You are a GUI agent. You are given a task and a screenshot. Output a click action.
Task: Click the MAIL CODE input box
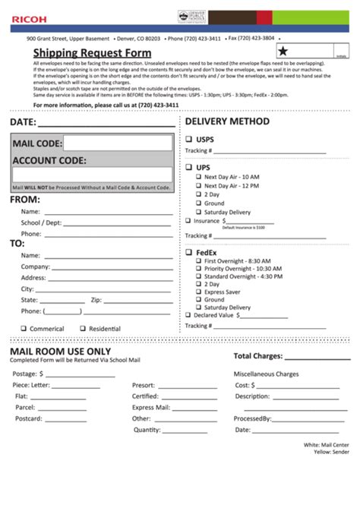[118, 143]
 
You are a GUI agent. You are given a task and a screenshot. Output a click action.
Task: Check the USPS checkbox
[188, 140]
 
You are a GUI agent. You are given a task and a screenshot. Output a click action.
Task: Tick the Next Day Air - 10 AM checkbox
[198, 177]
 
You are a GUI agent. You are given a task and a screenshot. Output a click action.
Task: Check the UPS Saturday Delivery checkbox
[198, 213]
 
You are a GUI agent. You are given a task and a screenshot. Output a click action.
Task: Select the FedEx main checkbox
[188, 252]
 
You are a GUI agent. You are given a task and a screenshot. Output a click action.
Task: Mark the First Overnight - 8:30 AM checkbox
[198, 261]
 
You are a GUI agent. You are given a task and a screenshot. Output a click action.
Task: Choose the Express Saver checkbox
[198, 292]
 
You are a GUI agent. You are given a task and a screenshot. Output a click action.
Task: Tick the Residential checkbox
[83, 329]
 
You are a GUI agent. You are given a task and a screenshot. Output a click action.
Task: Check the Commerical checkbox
[24, 329]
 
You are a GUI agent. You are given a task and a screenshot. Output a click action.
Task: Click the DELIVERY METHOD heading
[227, 121]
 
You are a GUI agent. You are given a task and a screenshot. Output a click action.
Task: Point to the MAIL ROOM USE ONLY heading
[60, 352]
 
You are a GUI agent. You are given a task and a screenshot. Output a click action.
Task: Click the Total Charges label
[258, 355]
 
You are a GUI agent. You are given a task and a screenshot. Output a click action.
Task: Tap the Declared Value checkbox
[188, 314]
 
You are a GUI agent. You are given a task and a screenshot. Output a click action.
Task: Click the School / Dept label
[42, 223]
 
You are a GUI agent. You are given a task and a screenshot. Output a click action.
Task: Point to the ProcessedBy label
[253, 418]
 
